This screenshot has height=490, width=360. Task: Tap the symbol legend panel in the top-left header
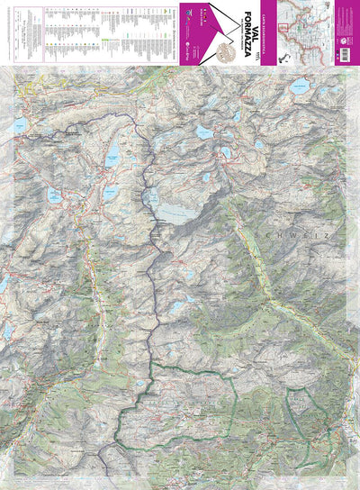(90, 32)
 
